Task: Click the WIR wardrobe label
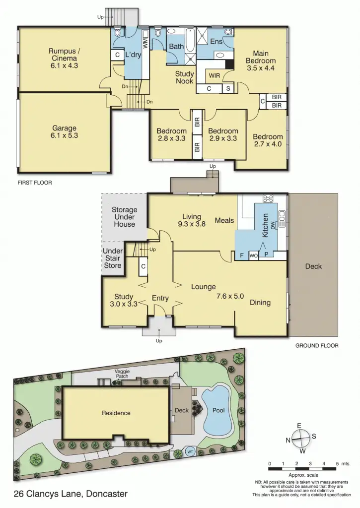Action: coord(215,76)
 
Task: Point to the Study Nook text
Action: coord(184,77)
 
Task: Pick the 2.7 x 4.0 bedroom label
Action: coord(268,140)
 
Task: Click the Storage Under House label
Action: coord(124,217)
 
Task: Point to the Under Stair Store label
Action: coord(112,258)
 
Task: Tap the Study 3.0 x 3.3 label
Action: coord(123,301)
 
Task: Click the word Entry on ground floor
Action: coord(160,298)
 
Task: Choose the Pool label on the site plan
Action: coord(218,411)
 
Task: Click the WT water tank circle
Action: coord(190,452)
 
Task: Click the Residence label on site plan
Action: coord(116,413)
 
